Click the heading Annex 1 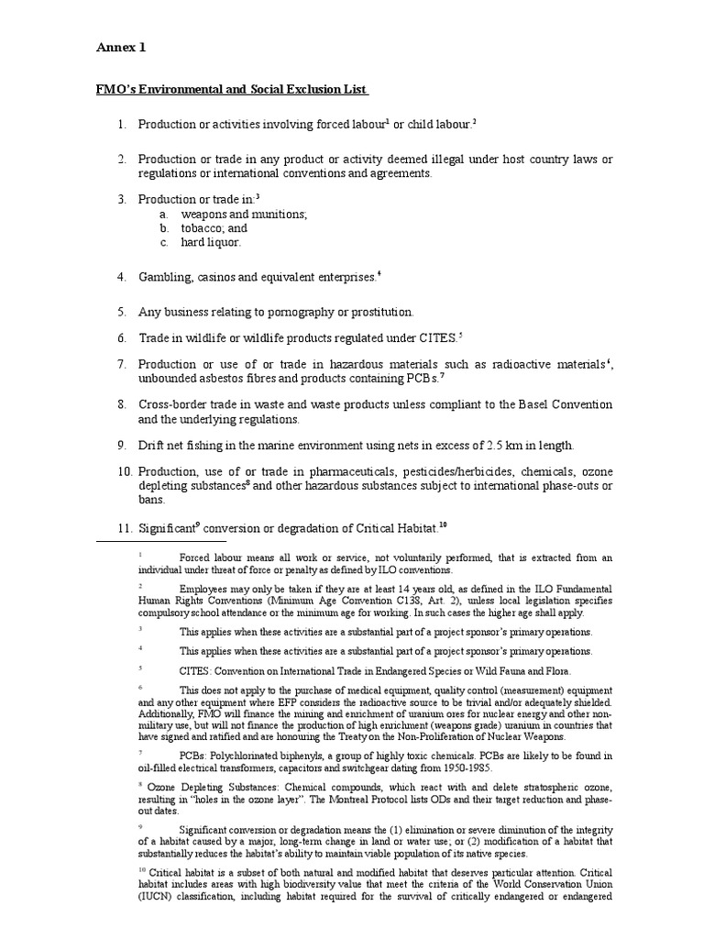tap(121, 47)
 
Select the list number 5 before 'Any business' tap(121, 312)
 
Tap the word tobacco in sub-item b tap(203, 228)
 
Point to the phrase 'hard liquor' tap(210, 243)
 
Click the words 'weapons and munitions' tap(243, 214)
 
